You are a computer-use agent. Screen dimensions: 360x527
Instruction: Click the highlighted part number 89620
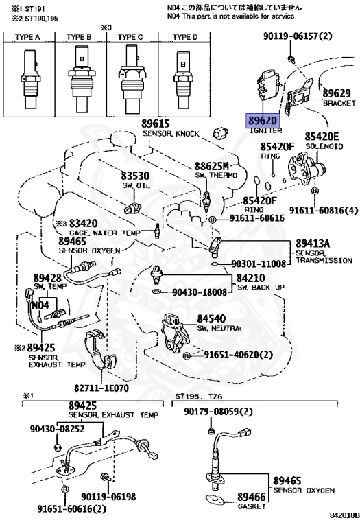click(x=263, y=121)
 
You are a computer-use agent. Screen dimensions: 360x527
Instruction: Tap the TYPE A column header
click(x=27, y=37)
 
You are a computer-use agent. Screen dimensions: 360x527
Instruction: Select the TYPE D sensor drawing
click(x=183, y=80)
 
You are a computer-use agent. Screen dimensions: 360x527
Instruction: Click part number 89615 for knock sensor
click(x=156, y=124)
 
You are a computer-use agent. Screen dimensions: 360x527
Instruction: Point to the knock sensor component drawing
click(x=220, y=132)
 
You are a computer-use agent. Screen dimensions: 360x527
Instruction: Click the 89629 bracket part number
click(x=337, y=93)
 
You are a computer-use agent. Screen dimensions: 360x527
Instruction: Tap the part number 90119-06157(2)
click(x=298, y=36)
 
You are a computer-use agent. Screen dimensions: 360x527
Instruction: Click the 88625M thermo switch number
click(x=212, y=166)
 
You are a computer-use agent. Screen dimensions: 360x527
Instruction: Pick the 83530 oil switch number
click(x=135, y=176)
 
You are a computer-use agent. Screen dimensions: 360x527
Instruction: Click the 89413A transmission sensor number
click(x=313, y=244)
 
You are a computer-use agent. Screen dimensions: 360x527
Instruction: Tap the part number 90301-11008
click(x=259, y=263)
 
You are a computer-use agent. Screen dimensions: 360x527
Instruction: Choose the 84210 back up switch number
click(x=250, y=278)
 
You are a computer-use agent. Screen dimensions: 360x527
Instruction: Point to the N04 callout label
click(x=40, y=305)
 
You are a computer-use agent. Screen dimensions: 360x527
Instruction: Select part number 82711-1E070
click(x=101, y=388)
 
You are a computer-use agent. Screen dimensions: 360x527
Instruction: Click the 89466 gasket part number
click(x=252, y=497)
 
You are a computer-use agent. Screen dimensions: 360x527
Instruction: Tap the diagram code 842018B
click(x=344, y=515)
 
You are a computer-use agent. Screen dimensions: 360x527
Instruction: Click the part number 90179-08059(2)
click(x=218, y=412)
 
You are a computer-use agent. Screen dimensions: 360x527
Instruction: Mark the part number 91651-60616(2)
click(x=71, y=509)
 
